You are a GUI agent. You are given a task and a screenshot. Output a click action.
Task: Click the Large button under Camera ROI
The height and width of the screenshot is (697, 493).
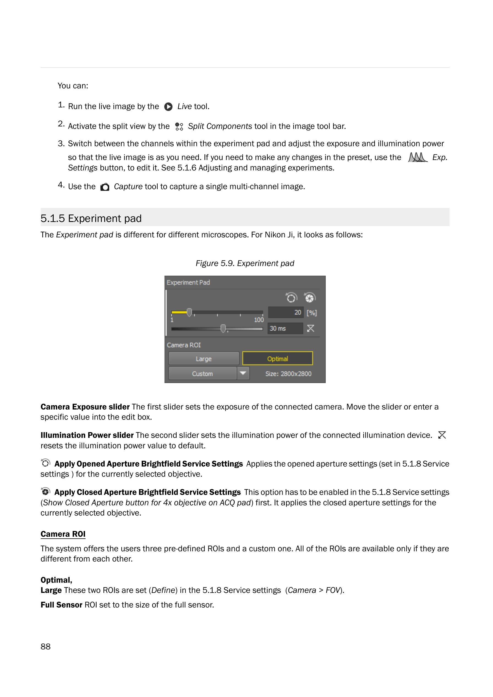[204, 359]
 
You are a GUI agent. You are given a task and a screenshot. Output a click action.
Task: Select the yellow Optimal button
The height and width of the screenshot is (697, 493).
[278, 359]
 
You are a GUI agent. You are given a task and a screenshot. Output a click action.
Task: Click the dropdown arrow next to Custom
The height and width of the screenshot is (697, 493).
[243, 373]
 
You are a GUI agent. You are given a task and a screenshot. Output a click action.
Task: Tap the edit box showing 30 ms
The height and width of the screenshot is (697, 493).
[285, 329]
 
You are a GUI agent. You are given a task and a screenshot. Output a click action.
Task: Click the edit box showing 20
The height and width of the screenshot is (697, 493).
[286, 312]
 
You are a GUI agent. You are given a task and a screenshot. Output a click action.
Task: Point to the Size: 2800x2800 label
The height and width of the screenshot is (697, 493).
[288, 374]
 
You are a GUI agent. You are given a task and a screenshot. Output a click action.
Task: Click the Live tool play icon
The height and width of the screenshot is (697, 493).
[168, 107]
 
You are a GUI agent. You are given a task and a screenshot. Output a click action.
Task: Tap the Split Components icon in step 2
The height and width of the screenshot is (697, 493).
[179, 126]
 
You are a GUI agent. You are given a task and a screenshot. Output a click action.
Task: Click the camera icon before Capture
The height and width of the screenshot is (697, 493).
[105, 187]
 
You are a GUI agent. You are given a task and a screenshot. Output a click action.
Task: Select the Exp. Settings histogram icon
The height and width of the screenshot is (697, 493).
[417, 158]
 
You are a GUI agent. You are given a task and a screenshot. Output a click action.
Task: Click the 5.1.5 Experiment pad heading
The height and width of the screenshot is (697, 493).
[91, 218]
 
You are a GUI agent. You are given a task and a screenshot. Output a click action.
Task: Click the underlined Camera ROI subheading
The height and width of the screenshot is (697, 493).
[63, 534]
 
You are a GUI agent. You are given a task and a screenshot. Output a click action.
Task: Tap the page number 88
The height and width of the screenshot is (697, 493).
[46, 646]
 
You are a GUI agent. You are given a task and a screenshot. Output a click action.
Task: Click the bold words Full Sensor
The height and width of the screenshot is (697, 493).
[61, 605]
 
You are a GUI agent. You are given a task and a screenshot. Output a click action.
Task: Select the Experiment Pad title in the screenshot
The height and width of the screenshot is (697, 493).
[188, 282]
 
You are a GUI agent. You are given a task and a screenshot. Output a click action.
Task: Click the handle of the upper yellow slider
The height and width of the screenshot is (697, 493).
[189, 312]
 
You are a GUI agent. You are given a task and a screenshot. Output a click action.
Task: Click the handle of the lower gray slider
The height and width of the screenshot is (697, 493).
[223, 329]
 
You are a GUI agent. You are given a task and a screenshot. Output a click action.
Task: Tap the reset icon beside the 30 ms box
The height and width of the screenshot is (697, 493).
[311, 329]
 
